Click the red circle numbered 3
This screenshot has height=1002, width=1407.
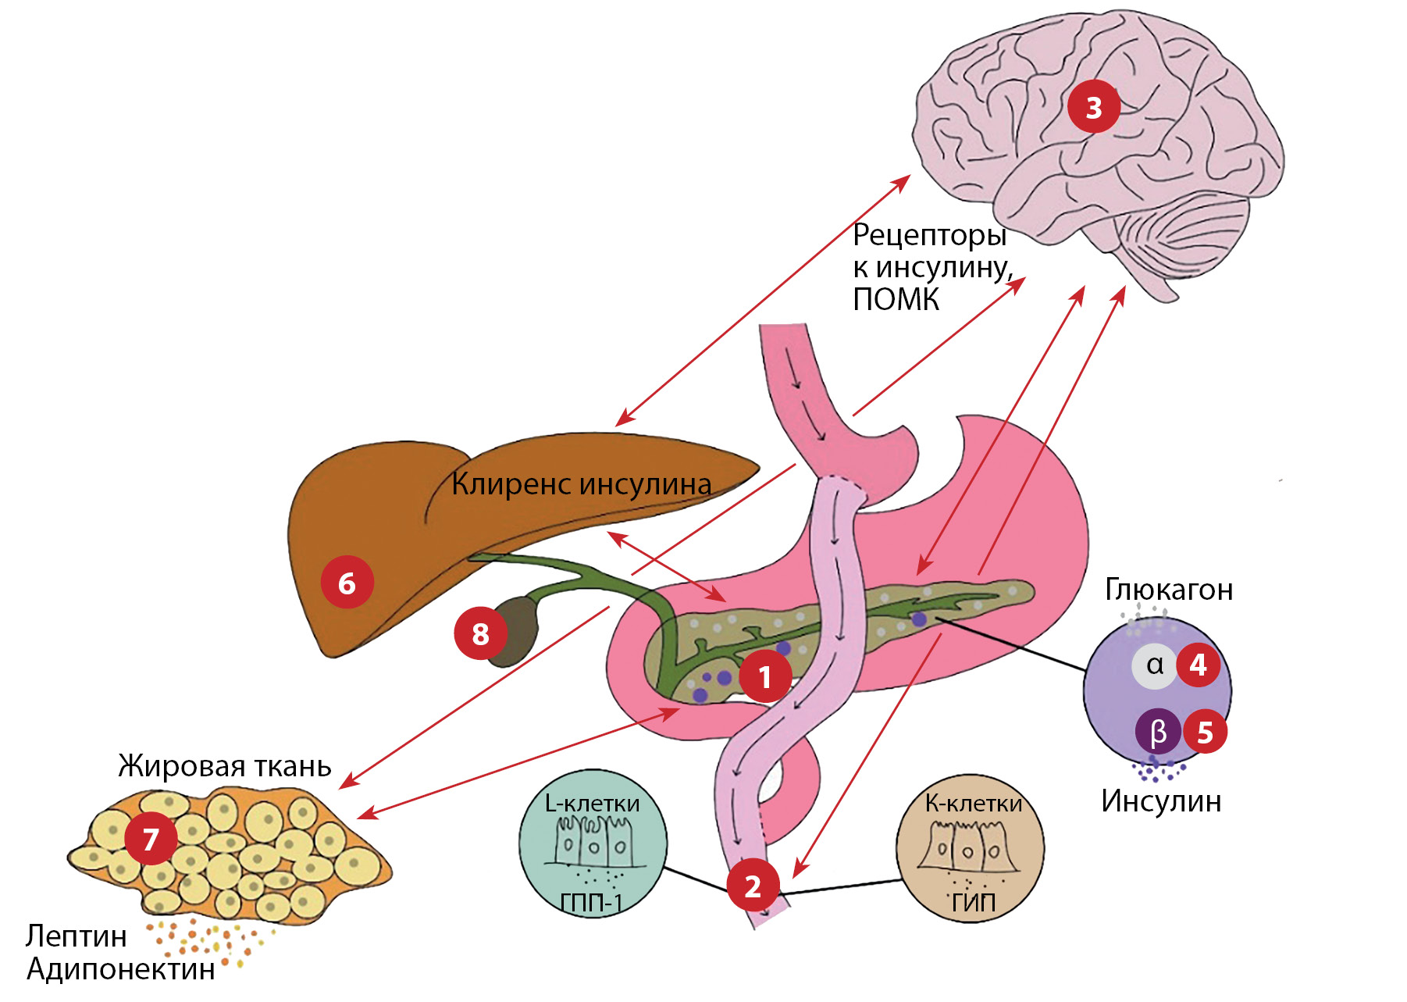point(1094,107)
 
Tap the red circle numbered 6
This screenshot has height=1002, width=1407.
point(347,583)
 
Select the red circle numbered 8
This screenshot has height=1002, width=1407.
point(480,633)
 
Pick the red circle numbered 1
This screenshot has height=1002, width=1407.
point(765,676)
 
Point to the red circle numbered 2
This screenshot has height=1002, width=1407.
point(753,886)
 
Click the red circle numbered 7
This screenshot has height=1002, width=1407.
point(151,839)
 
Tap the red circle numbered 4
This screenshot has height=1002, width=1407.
point(1198,665)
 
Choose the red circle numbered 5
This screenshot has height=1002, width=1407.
point(1205,732)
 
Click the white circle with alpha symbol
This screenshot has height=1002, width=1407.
point(1154,665)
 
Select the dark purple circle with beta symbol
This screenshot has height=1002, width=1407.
point(1158,732)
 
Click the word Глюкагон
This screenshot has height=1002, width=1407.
point(1169,590)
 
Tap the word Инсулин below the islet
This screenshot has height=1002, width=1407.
point(1161,801)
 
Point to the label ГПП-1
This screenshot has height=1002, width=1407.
point(591,903)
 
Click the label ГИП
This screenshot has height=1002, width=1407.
point(973,902)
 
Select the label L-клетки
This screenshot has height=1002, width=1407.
point(592,803)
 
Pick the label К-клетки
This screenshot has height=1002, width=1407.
point(973,803)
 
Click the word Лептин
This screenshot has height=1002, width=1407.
point(76,936)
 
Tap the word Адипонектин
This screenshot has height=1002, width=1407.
point(121,969)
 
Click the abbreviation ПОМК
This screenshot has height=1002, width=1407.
point(896,300)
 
